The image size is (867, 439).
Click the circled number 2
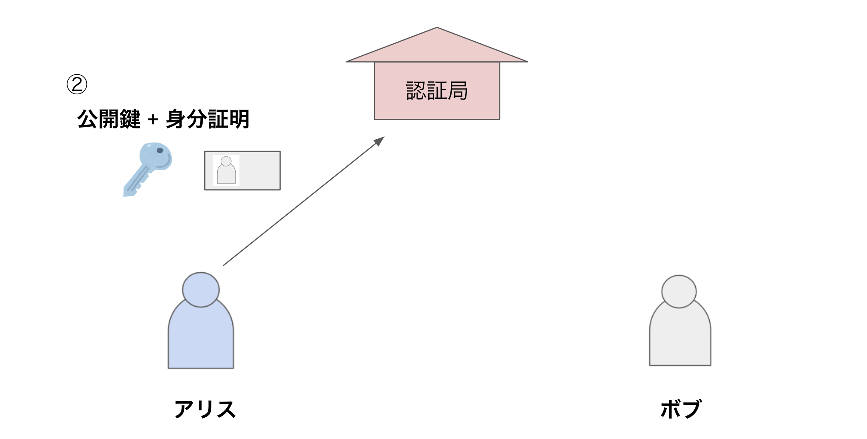pyautogui.click(x=77, y=84)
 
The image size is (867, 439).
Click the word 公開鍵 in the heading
pyautogui.click(x=109, y=119)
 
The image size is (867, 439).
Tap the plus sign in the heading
pyautogui.click(x=153, y=120)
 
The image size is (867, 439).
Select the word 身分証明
pyautogui.click(x=208, y=119)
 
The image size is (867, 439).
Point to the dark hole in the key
pyautogui.click(x=160, y=150)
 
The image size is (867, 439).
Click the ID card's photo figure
pyautogui.click(x=226, y=171)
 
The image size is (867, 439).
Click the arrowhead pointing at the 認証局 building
pyautogui.click(x=379, y=141)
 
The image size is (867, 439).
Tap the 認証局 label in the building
pyautogui.click(x=437, y=91)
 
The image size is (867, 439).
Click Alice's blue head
pyautogui.click(x=201, y=289)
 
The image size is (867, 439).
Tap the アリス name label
pyautogui.click(x=205, y=409)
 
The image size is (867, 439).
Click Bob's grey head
pyautogui.click(x=679, y=291)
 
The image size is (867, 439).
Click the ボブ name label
pyautogui.click(x=681, y=409)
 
